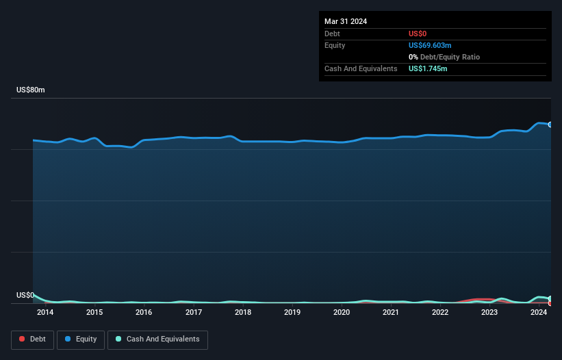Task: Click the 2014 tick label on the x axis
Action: coord(45,313)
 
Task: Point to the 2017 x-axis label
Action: coord(194,313)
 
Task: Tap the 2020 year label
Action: coord(342,313)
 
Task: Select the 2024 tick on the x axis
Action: coord(539,313)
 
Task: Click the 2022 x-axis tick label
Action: coord(440,313)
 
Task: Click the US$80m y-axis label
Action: coord(30,90)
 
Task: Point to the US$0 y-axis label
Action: coord(25,296)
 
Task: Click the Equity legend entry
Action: coord(81,339)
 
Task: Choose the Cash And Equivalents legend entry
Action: coord(157,339)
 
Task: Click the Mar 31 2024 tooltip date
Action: coord(346,21)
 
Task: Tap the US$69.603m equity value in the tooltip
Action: coord(430,45)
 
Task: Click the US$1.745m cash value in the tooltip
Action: coord(428,68)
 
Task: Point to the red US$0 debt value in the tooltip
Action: coord(418,34)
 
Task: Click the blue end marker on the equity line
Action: coord(550,125)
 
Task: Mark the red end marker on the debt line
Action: coord(550,303)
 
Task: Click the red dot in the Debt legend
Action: coord(22,339)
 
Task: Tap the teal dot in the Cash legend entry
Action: coord(118,339)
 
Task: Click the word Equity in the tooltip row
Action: coord(335,45)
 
